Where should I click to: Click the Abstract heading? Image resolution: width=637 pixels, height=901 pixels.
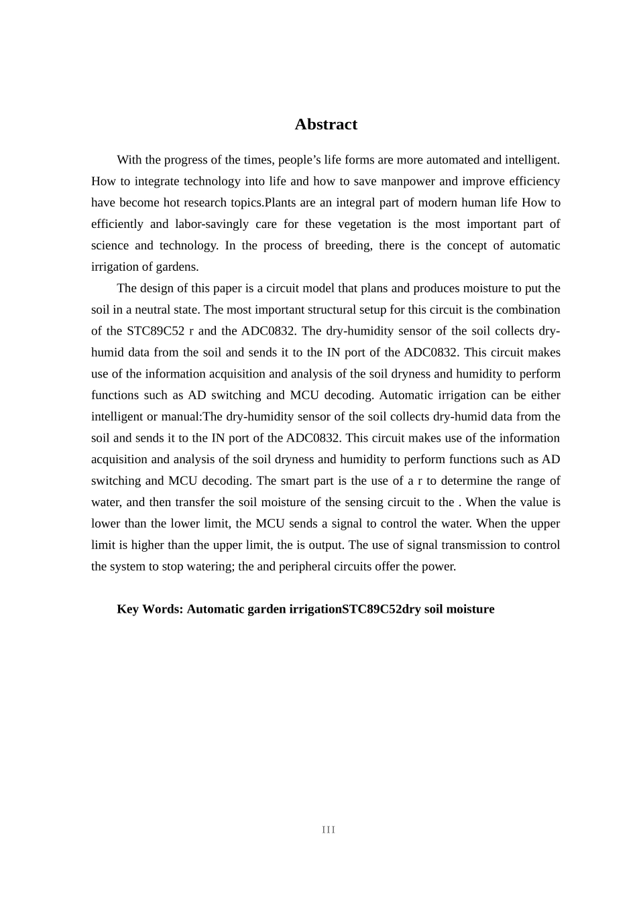[x=326, y=125]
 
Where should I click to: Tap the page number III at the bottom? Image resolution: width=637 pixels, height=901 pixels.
[x=328, y=830]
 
